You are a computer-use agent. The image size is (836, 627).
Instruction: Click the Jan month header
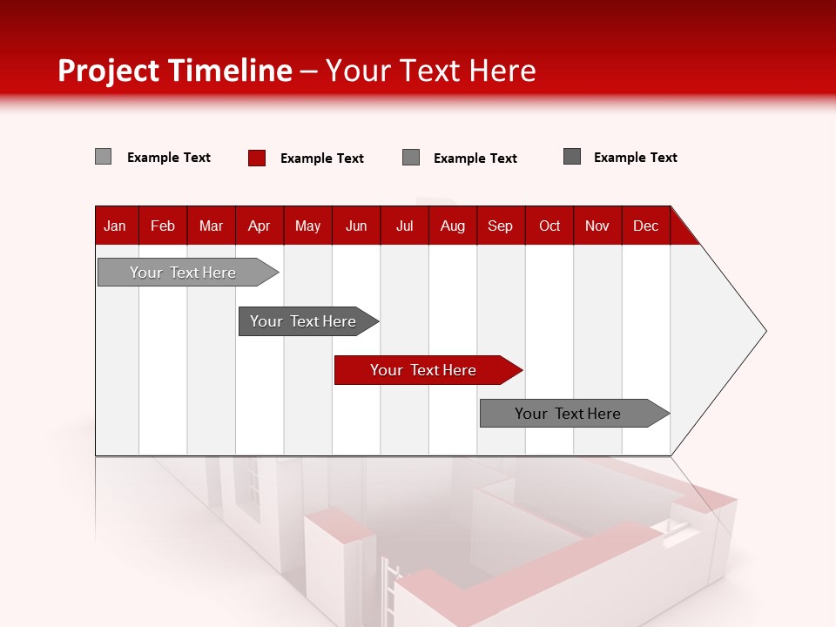pos(115,226)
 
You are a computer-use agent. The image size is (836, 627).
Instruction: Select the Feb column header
pos(163,226)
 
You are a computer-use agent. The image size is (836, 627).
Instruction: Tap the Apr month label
pos(259,226)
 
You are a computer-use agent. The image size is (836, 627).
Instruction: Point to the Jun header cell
pos(356,226)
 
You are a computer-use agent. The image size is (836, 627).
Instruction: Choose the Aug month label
pos(452,226)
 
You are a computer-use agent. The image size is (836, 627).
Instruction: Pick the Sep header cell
pos(500,226)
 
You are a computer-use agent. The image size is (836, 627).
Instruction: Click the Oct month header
pos(549,226)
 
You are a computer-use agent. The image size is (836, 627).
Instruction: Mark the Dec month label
pos(645,226)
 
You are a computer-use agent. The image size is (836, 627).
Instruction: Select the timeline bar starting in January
pos(184,273)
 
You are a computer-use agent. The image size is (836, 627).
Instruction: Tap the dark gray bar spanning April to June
pos(304,321)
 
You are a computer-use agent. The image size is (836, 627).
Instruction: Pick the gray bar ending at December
pos(570,414)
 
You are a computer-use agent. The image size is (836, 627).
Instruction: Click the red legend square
pos(257,158)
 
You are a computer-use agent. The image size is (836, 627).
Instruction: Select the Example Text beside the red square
pos(322,158)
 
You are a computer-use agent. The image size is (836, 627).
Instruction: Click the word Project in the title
pos(109,71)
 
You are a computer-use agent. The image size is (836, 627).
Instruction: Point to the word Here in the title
pos(502,71)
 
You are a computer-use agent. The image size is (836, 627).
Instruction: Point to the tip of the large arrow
pos(764,331)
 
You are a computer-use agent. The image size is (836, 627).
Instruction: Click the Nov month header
pos(597,226)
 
